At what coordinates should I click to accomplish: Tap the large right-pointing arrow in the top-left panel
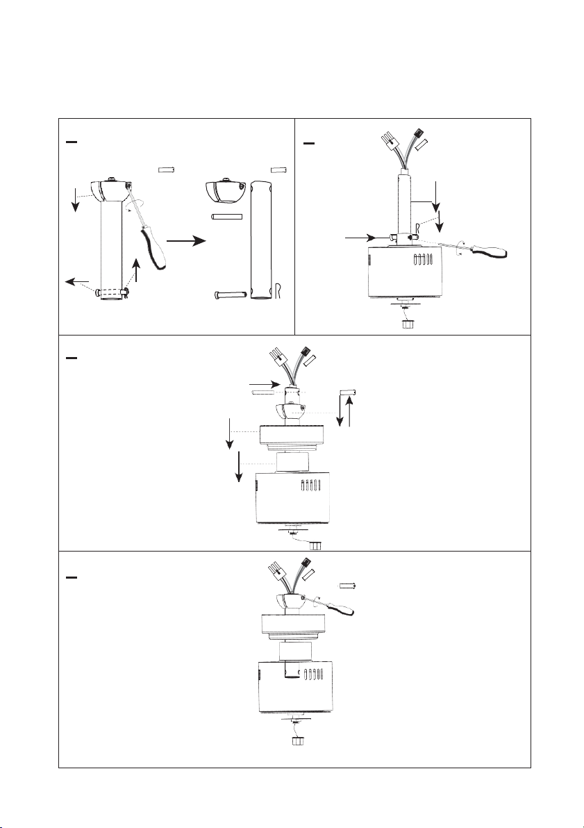187,240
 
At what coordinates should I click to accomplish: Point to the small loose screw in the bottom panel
347,586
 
